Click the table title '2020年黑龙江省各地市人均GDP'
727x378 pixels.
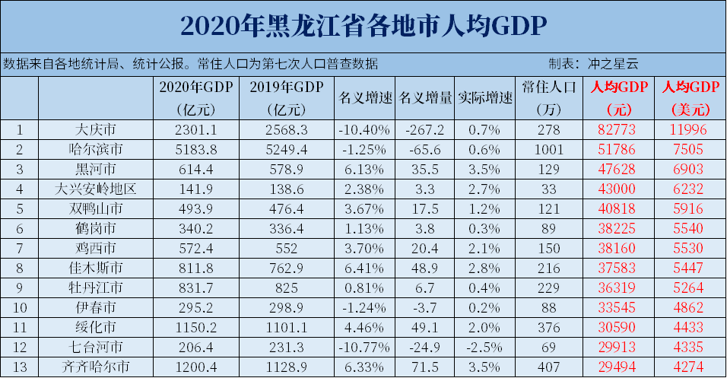pyautogui.click(x=364, y=26)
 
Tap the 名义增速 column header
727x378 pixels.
pyautogui.click(x=364, y=98)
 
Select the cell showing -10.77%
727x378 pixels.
pyautogui.click(x=364, y=347)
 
